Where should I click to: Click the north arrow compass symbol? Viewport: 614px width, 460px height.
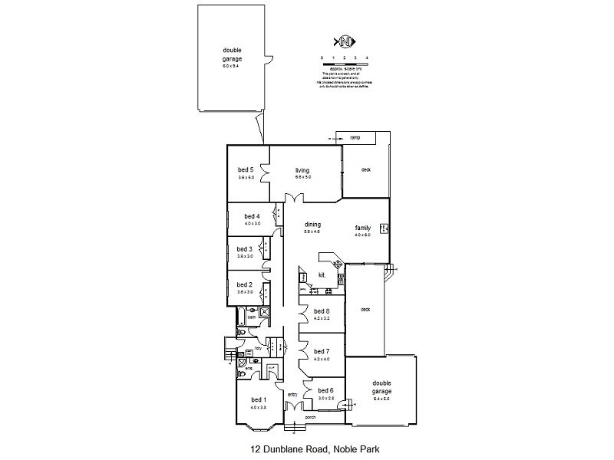click(x=344, y=41)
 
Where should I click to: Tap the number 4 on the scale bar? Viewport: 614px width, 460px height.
click(x=368, y=58)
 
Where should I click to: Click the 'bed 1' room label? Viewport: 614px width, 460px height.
click(x=259, y=399)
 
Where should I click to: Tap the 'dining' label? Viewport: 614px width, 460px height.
click(x=312, y=224)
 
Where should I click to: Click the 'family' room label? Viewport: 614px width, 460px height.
click(x=362, y=228)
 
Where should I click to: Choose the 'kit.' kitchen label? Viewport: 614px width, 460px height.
click(x=322, y=274)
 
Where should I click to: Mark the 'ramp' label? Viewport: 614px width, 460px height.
click(x=355, y=137)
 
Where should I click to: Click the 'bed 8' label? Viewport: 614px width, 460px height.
click(x=322, y=310)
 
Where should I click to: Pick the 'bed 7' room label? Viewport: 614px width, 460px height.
click(x=322, y=351)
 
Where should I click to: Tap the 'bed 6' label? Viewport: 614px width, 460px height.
click(x=326, y=390)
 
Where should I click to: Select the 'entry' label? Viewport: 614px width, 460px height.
click(x=292, y=396)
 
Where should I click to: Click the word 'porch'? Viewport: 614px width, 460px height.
click(x=311, y=417)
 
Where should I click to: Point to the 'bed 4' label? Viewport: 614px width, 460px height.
click(x=253, y=216)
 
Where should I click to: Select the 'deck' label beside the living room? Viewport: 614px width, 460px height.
click(x=366, y=169)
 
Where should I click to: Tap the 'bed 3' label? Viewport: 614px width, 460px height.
click(x=244, y=249)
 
